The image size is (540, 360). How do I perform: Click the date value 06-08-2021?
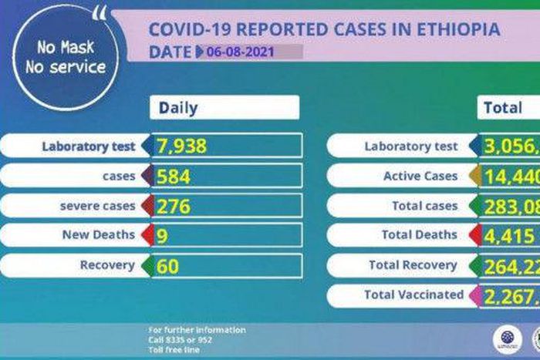[x=240, y=52]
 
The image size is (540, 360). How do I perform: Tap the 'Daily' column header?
[x=179, y=108]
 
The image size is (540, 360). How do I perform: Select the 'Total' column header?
[x=502, y=108]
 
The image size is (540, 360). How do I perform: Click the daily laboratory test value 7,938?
[x=182, y=146]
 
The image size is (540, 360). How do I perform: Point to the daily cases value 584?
[x=174, y=176]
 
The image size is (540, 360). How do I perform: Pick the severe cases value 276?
[x=174, y=206]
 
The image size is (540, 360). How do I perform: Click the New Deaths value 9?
[x=162, y=235]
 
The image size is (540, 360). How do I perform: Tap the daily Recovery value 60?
[x=167, y=265]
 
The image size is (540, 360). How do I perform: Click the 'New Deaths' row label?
[x=98, y=235]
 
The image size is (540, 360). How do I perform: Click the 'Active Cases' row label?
[x=420, y=176]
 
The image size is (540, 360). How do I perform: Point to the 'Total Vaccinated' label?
[x=414, y=294]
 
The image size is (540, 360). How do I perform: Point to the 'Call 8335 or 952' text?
[x=181, y=340]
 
